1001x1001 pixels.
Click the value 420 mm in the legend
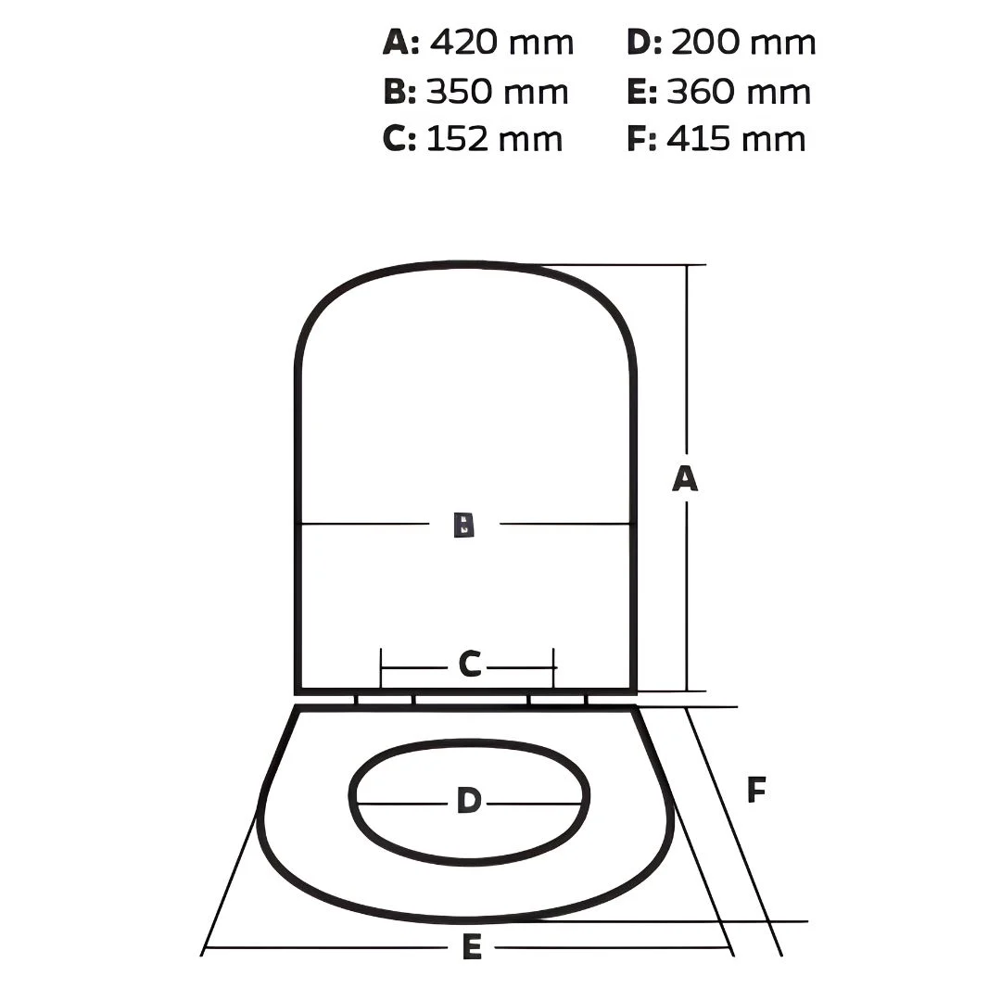coord(501,43)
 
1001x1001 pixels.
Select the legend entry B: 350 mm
coord(475,91)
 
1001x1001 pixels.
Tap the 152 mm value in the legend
coord(494,138)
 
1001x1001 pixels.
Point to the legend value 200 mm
coord(743,43)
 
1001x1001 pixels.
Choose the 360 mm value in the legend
coord(740,91)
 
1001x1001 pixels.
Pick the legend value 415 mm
coord(736,138)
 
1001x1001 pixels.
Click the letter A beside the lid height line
coord(685,479)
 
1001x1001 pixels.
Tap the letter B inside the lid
coord(464,524)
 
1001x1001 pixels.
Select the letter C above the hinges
coord(469,664)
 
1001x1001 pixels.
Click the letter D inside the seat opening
coord(469,800)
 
